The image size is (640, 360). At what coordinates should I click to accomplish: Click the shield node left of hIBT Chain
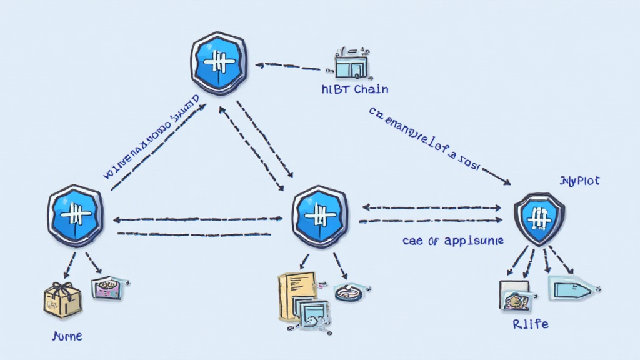point(218,63)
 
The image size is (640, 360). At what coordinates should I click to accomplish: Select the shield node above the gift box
point(75,215)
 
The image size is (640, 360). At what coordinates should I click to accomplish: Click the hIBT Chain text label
point(354,89)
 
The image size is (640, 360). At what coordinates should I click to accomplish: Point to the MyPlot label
point(579,181)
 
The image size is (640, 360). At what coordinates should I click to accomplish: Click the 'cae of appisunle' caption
point(452,240)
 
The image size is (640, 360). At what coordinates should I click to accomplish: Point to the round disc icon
point(348,292)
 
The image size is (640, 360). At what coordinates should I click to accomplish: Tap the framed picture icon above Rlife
point(516,294)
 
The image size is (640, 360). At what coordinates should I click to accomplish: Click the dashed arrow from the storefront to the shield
point(288,65)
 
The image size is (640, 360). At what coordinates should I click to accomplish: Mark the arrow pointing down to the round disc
point(339,266)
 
